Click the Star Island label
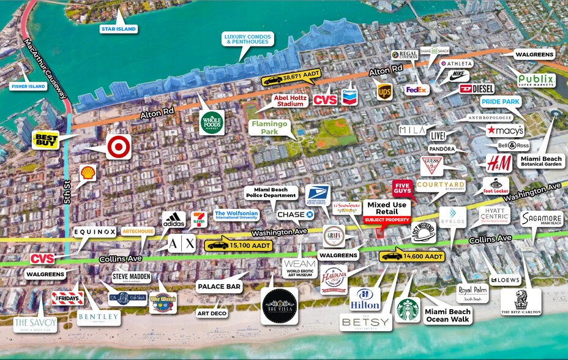coord(118,29)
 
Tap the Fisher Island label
coord(28,86)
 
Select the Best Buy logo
coord(47,141)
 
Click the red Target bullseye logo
coord(118,147)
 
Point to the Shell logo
coord(88,173)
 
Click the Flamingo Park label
coord(264,127)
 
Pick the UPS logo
coord(384,91)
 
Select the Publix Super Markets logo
coord(536,80)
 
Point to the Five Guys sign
coord(402,187)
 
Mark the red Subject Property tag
coord(386,219)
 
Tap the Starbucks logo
coord(408,310)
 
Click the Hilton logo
coord(365,298)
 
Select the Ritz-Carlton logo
coord(521,302)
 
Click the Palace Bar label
coord(219,286)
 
